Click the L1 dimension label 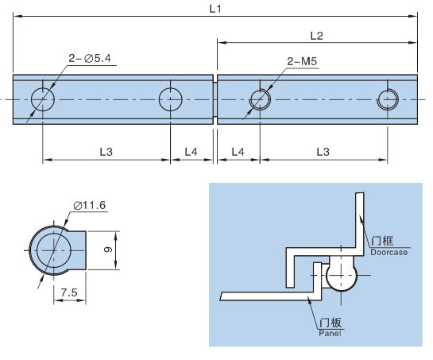[215, 9]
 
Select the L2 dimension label [316, 36]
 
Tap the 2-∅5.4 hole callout [90, 58]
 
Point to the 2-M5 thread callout [302, 61]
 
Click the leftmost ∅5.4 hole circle [43, 99]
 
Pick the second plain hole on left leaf [170, 99]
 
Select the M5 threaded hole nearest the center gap [260, 99]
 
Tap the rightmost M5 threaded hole [388, 99]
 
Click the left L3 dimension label [106, 152]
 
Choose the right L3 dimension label [323, 152]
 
